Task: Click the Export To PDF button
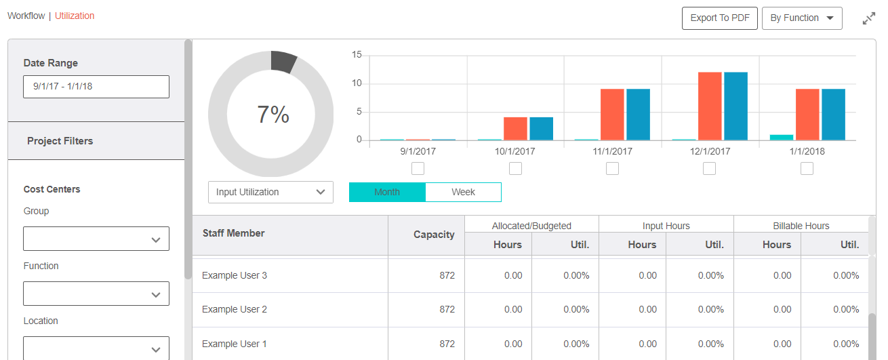719,18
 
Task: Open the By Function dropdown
801,18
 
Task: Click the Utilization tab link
75,16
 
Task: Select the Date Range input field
96,87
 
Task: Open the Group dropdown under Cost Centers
96,239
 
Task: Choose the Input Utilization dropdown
270,192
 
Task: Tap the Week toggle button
463,192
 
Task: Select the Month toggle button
387,192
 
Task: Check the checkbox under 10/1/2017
515,168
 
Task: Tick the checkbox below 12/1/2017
709,168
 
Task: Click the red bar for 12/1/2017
710,106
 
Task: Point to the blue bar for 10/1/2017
541,129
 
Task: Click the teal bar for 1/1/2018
781,138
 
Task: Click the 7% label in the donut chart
273,115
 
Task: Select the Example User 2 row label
235,309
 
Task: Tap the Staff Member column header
234,233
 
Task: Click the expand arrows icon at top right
868,19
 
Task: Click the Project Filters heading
60,141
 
